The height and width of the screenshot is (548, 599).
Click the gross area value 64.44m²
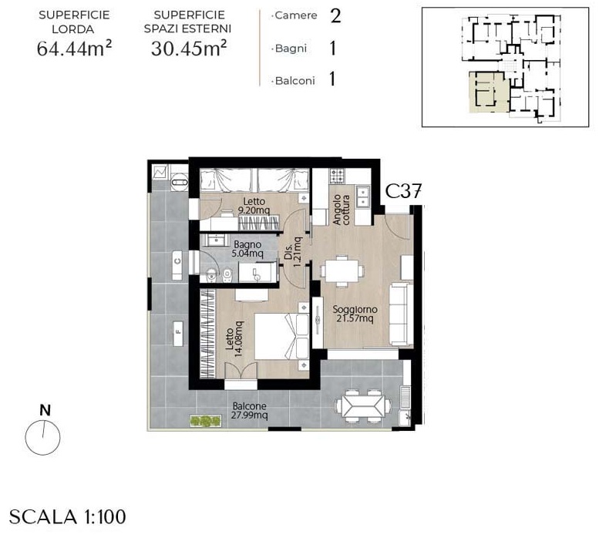74,49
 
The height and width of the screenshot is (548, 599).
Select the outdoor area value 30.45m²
189,49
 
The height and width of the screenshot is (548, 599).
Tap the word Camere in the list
296,15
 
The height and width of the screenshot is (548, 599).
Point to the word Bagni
291,49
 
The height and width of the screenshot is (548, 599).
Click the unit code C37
403,191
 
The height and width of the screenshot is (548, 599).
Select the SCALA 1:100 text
68,517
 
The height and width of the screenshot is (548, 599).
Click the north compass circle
43,437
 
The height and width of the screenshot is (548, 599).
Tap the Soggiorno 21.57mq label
355,314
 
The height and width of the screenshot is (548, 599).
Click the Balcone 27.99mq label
250,411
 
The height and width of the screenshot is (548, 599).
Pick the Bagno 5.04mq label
248,249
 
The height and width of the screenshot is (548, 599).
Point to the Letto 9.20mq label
254,206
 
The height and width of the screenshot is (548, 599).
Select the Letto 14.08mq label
234,338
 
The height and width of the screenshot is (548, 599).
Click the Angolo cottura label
342,210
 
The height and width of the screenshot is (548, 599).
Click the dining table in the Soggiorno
342,271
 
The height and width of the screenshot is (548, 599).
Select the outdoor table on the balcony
363,405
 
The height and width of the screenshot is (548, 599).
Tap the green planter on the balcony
206,421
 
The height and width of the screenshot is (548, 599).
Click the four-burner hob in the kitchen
338,175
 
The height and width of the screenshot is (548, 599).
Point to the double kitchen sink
362,197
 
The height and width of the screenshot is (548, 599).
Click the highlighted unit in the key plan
488,92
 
